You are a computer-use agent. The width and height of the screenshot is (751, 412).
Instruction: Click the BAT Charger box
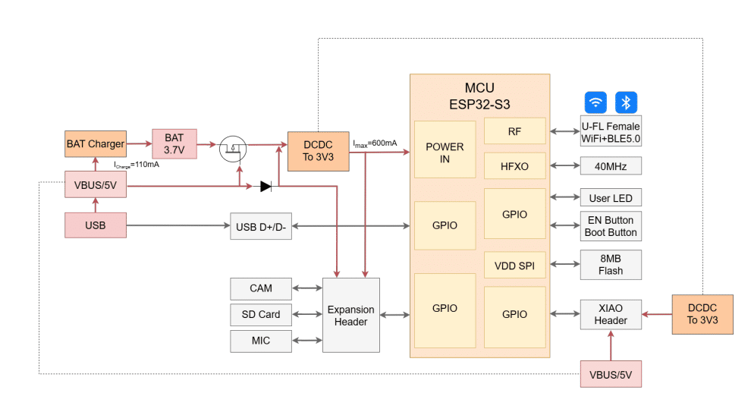pyautogui.click(x=96, y=143)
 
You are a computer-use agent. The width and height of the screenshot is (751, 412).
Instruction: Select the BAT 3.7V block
pyautogui.click(x=174, y=143)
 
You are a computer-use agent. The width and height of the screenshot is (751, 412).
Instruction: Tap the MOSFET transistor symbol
pyautogui.click(x=233, y=149)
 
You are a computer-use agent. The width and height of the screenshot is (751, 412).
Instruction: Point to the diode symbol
pyautogui.click(x=266, y=187)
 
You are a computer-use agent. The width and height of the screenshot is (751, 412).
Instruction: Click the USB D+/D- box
pyautogui.click(x=261, y=226)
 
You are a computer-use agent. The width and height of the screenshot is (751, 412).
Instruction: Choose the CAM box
pyautogui.click(x=261, y=288)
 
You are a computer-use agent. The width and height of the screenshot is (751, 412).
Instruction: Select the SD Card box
pyautogui.click(x=261, y=315)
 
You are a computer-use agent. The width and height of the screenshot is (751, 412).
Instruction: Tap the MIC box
pyautogui.click(x=261, y=341)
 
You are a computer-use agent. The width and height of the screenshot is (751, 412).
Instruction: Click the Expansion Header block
pyautogui.click(x=351, y=315)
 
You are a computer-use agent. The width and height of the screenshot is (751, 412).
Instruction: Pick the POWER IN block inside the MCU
pyautogui.click(x=445, y=149)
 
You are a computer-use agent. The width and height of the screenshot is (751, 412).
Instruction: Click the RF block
pyautogui.click(x=515, y=131)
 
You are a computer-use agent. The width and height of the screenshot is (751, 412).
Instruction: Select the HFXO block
pyautogui.click(x=515, y=165)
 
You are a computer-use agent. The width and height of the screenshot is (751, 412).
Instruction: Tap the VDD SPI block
pyautogui.click(x=515, y=265)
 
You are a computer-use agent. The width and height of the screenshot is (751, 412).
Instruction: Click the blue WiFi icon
pyautogui.click(x=595, y=102)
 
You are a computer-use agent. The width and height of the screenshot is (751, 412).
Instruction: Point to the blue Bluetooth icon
pyautogui.click(x=626, y=102)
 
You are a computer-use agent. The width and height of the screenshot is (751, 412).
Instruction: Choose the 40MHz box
pyautogui.click(x=611, y=166)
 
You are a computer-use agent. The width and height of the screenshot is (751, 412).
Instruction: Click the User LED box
pyautogui.click(x=611, y=198)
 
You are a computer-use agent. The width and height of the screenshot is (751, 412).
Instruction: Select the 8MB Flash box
pyautogui.click(x=611, y=265)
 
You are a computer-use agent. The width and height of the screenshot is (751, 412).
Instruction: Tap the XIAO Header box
pyautogui.click(x=611, y=314)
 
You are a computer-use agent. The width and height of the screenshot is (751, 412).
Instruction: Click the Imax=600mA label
pyautogui.click(x=375, y=143)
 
